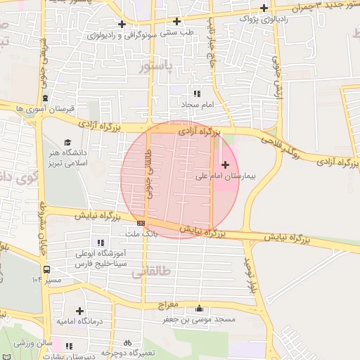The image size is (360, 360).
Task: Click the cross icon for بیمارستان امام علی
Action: [224, 165]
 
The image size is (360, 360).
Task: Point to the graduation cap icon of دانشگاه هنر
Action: [67, 141]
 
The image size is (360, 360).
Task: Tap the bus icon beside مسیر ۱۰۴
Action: [46, 269]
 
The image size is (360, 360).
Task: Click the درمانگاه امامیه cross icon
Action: [79, 310]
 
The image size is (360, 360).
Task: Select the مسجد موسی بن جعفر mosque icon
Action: [200, 308]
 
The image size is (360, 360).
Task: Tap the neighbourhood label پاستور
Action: [155, 68]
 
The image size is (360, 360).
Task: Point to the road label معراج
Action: [169, 304]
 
